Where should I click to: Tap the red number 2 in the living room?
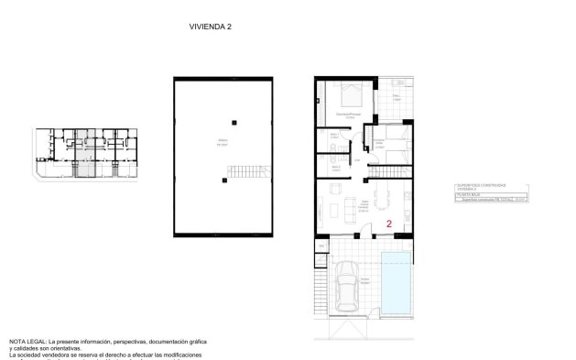tap(389, 223)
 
